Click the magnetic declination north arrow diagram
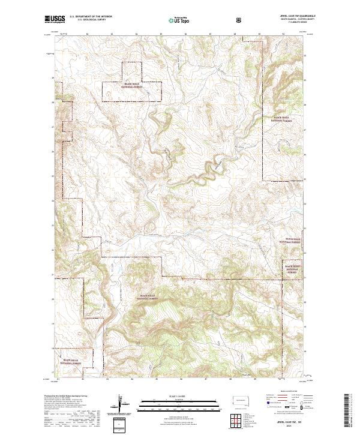point(119,404)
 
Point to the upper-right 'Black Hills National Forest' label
point(283,118)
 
